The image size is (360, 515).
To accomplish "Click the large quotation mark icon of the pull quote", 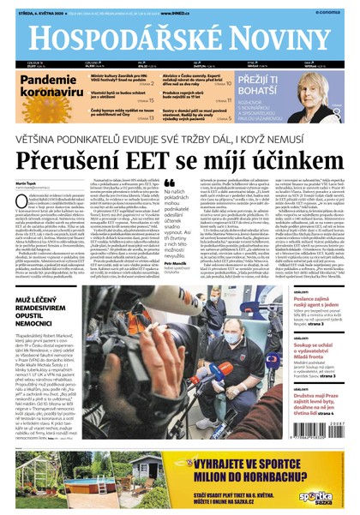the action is click(x=170, y=185).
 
